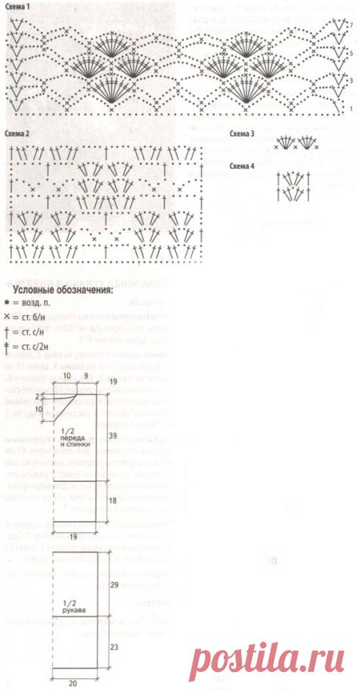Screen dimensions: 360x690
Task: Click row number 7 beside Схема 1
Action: point(353,26)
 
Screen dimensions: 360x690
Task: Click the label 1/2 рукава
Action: point(71,607)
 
